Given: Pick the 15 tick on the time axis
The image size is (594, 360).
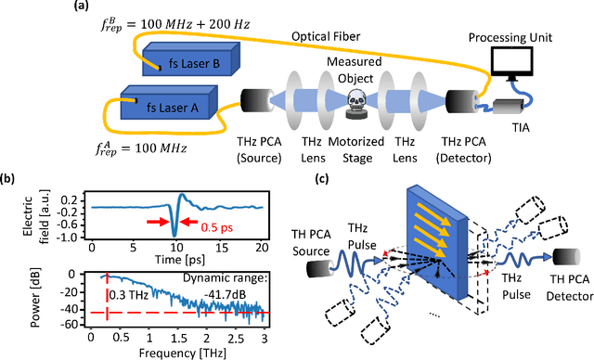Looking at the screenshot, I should coord(219,248).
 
